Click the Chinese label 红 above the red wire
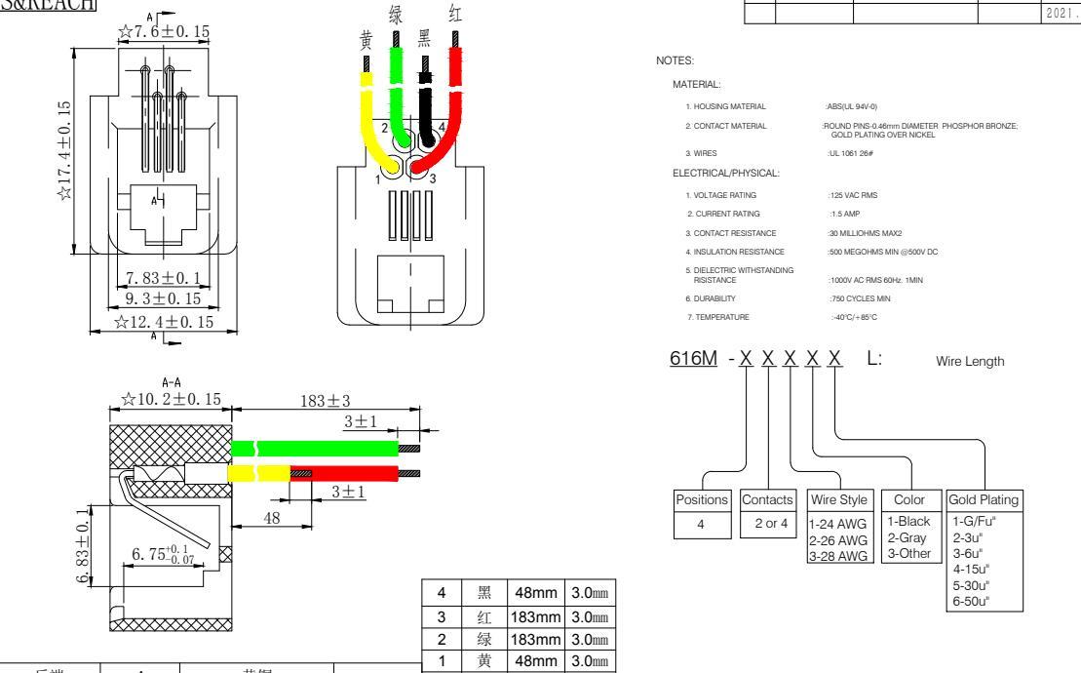454,15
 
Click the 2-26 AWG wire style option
838,540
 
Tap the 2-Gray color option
907,540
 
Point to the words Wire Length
970,361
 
